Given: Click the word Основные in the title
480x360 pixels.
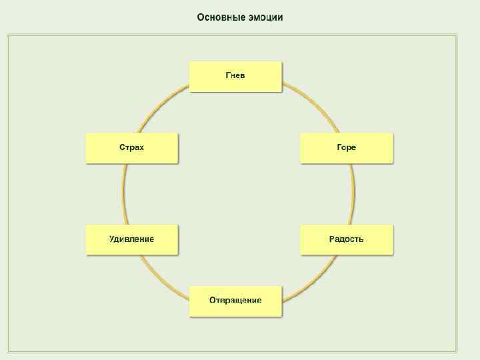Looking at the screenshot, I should click(218, 17).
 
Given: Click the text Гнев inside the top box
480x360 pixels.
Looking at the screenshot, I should click(235, 75).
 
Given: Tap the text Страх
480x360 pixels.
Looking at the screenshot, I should click(132, 147).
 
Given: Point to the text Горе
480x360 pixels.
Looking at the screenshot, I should click(347, 147).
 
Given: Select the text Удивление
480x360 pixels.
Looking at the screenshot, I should click(132, 239).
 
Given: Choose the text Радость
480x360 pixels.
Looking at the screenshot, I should click(347, 239).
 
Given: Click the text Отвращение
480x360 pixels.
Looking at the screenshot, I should click(235, 300).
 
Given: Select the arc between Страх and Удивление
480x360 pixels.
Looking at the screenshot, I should click(124, 194).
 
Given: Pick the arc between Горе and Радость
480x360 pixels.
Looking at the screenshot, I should click(353, 194).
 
